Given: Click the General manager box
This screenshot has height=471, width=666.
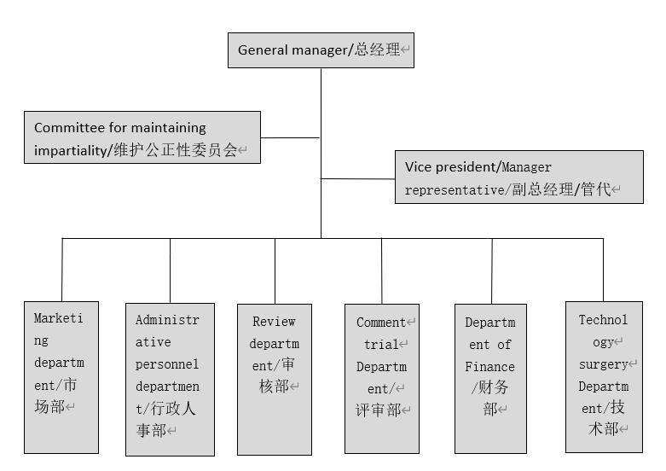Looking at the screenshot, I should tap(321, 49).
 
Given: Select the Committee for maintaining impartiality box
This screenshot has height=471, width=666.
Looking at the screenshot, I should tap(142, 137).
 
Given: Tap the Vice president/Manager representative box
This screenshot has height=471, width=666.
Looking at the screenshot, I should tap(518, 177).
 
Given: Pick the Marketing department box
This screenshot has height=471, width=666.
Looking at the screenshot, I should tap(61, 376).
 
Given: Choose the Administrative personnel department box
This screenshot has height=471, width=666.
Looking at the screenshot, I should tap(170, 379).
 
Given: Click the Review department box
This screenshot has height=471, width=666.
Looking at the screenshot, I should tap(274, 379).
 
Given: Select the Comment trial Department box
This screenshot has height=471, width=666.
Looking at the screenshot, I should tap(381, 378).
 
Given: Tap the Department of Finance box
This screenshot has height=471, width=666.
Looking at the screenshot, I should tap(490, 378).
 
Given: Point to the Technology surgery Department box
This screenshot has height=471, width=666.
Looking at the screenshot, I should tap(604, 376).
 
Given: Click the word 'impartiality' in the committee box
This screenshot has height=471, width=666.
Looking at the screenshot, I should tap(72, 150).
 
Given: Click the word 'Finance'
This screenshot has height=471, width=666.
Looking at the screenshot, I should tap(490, 367).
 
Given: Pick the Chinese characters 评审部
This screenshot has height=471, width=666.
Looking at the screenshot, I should tap(379, 410).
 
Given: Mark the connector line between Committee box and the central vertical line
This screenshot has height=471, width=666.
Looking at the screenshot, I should tap(291, 137).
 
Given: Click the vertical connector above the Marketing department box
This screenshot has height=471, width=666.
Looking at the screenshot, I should tap(62, 270).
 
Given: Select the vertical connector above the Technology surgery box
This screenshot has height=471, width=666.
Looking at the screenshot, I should tap(603, 270).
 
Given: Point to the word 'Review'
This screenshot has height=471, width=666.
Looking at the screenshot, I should tap(274, 322).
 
